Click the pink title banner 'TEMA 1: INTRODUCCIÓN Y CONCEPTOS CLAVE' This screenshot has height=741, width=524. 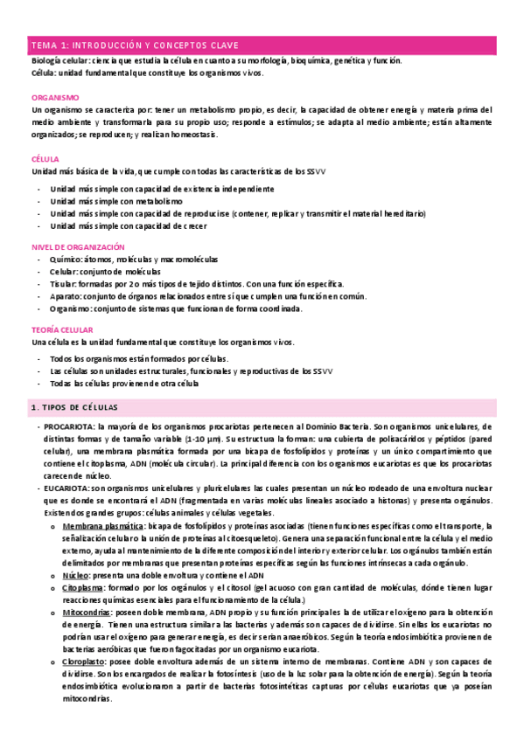click(x=262, y=45)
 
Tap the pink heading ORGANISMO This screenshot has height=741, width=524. click(x=55, y=98)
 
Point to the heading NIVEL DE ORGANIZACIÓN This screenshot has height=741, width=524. click(x=78, y=248)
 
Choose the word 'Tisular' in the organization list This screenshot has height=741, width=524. click(x=63, y=285)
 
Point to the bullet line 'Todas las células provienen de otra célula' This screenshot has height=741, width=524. click(x=124, y=384)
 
